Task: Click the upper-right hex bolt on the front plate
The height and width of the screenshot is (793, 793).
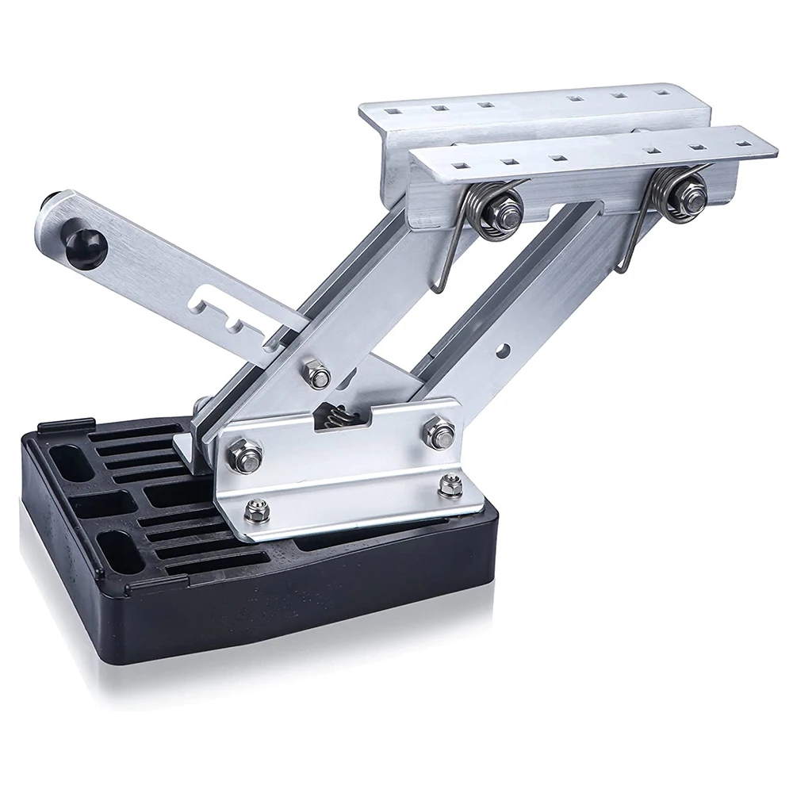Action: pos(438,434)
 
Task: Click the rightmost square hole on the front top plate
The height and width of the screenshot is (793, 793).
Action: pos(744,143)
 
